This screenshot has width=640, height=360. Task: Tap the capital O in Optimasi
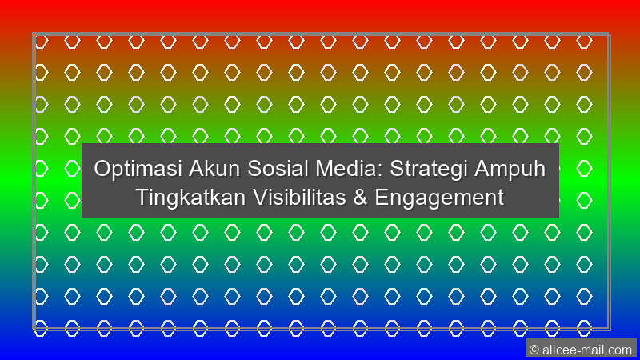point(102,170)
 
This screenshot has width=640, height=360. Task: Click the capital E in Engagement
point(386,197)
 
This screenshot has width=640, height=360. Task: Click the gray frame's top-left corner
point(34,34)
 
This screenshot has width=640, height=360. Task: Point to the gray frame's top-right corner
point(609,34)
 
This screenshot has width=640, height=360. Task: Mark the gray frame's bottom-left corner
point(34,328)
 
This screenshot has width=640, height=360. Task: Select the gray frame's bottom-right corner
point(609,328)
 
